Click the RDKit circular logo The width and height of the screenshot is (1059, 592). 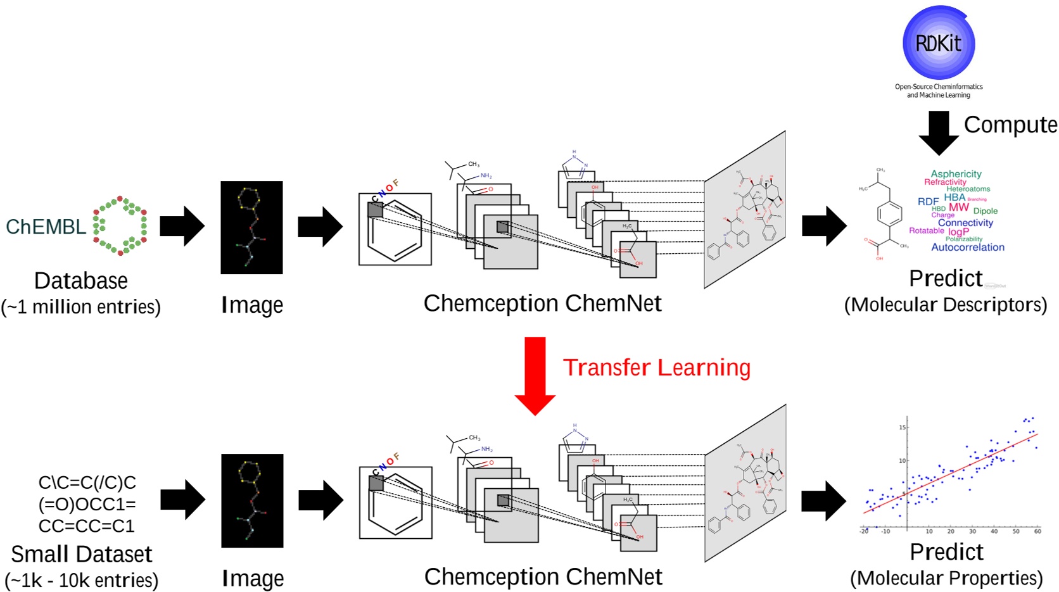pyautogui.click(x=939, y=43)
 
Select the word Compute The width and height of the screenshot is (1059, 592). pyautogui.click(x=1010, y=125)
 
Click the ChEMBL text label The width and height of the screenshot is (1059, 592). pyautogui.click(x=46, y=227)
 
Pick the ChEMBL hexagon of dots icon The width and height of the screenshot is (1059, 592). pyautogui.click(x=120, y=226)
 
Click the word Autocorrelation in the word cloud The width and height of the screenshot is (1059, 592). pyautogui.click(x=967, y=248)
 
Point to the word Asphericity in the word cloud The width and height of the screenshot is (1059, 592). pyautogui.click(x=956, y=173)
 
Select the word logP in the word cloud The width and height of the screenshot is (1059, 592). pyautogui.click(x=958, y=232)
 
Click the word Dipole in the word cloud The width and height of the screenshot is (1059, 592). pyautogui.click(x=985, y=211)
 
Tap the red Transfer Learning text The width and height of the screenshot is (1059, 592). pyautogui.click(x=657, y=367)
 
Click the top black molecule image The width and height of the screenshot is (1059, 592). pyautogui.click(x=251, y=228)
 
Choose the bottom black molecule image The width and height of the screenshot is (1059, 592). pyautogui.click(x=252, y=501)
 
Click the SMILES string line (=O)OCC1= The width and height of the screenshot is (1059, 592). pyautogui.click(x=87, y=505)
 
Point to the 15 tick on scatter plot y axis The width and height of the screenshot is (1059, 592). pyautogui.click(x=902, y=427)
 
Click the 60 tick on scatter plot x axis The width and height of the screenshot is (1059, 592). pyautogui.click(x=1037, y=531)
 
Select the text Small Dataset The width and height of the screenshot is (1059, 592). pyautogui.click(x=82, y=554)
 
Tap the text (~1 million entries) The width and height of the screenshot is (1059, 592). pyautogui.click(x=81, y=307)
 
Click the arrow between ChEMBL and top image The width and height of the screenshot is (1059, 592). pyautogui.click(x=182, y=226)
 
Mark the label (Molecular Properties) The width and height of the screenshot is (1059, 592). pyautogui.click(x=946, y=578)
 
